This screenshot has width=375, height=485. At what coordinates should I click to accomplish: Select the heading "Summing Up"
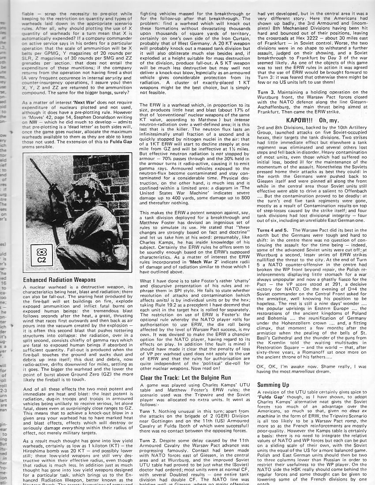point(274,385)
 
